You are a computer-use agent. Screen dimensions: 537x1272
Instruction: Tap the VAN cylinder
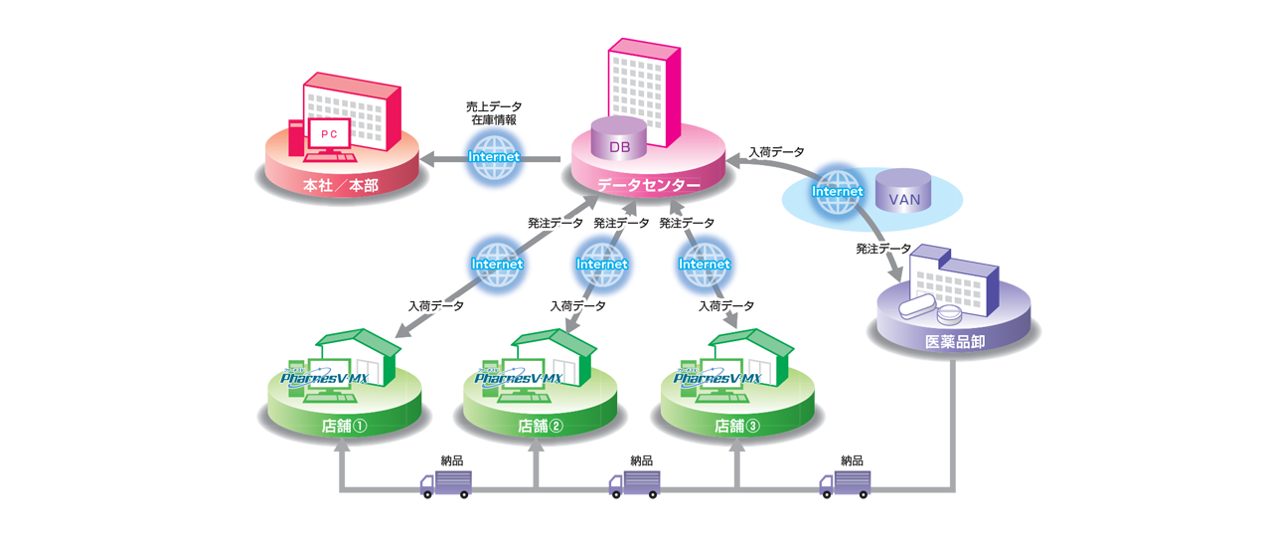click(x=904, y=192)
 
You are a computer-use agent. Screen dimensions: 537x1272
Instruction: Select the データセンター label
click(x=648, y=185)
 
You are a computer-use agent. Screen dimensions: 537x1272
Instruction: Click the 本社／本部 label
click(x=340, y=185)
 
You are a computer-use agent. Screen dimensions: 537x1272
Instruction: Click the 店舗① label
click(x=345, y=426)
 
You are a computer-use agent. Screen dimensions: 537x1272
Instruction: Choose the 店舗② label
click(x=541, y=426)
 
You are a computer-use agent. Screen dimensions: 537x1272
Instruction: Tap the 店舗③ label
click(x=736, y=426)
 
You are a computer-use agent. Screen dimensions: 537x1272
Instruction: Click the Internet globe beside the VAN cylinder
click(x=837, y=191)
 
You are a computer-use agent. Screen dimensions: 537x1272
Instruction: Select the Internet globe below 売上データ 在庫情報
click(x=494, y=157)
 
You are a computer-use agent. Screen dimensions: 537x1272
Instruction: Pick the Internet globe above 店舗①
click(x=497, y=264)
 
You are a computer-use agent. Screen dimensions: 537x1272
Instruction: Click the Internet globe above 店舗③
click(x=705, y=264)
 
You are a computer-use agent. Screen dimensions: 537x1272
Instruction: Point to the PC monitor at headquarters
click(x=329, y=134)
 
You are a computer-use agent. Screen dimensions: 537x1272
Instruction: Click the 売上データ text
click(x=494, y=105)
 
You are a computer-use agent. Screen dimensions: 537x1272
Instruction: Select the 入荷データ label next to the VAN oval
click(x=776, y=151)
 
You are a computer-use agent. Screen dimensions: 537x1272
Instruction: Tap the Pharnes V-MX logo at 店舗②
click(x=519, y=379)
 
